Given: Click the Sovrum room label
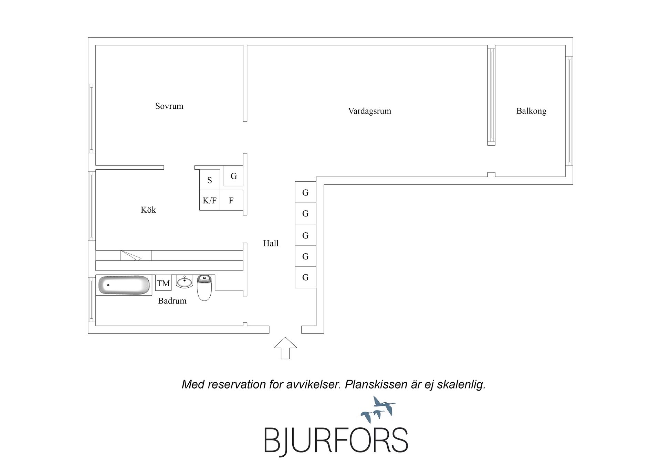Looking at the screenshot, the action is pos(169,106).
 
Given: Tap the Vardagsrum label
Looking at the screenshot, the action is pos(369,111).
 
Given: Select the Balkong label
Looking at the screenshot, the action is pos(531,111).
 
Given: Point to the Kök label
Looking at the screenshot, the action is pos(148,210).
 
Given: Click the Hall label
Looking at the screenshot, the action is pos(271,243).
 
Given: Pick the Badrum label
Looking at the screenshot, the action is pos(172,301).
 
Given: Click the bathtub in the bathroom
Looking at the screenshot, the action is pos(124,285).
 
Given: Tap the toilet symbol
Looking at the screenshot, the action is pos(204,288).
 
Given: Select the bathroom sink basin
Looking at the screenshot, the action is pos(185,282).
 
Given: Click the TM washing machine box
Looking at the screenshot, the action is pos(163,283).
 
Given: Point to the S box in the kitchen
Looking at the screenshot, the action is pos(210,180).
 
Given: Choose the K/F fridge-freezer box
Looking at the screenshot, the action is pos(210,200).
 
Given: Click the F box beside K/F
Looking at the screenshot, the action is pos(231,200).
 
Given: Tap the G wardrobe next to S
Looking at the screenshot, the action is pos(233,176).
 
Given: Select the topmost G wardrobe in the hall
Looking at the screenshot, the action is pos(305,192).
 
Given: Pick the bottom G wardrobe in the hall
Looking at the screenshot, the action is pos(305,277).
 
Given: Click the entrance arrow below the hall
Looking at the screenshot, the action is pos(285,348).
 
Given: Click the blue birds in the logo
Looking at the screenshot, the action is pos(378,409).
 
